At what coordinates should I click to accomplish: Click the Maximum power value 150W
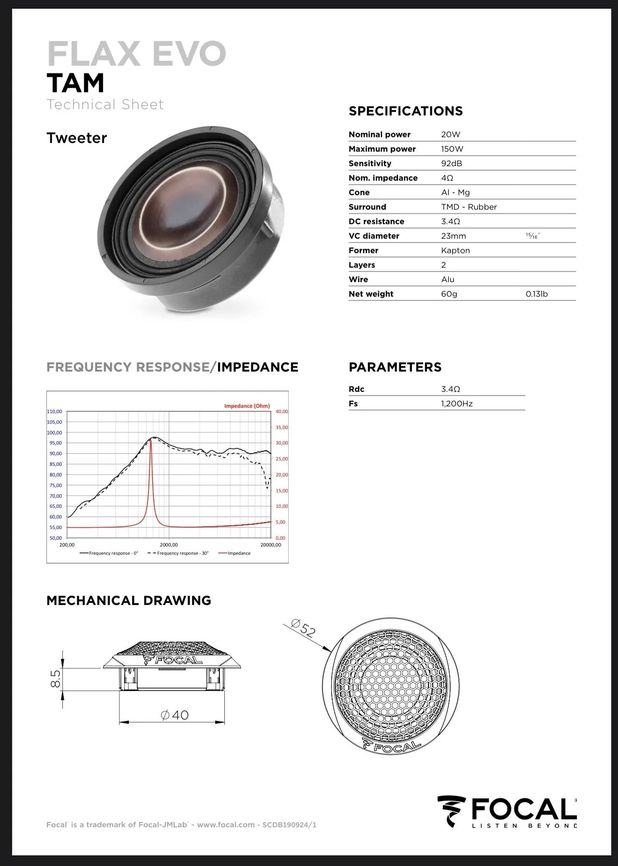pyautogui.click(x=452, y=149)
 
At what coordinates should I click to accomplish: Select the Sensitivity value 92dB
pyautogui.click(x=452, y=163)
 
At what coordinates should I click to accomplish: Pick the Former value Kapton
pyautogui.click(x=456, y=250)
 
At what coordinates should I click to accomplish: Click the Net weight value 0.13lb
pyautogui.click(x=537, y=294)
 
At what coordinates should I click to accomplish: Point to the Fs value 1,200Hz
pyautogui.click(x=457, y=404)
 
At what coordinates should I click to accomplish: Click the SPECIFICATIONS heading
pyautogui.click(x=406, y=111)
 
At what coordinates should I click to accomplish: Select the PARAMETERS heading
pyautogui.click(x=395, y=367)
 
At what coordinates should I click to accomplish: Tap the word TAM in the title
pyautogui.click(x=75, y=83)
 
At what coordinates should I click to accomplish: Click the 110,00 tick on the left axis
pyautogui.click(x=55, y=412)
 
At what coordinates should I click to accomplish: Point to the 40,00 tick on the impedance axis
pyautogui.click(x=281, y=412)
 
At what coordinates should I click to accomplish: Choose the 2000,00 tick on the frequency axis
pyautogui.click(x=169, y=545)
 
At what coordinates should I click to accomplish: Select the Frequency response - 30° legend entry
pyautogui.click(x=177, y=553)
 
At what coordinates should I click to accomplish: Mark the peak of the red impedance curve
pyautogui.click(x=151, y=440)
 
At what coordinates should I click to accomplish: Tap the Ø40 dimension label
pyautogui.click(x=175, y=715)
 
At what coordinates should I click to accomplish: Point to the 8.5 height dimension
pyautogui.click(x=56, y=679)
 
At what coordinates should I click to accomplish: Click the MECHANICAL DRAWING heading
pyautogui.click(x=129, y=601)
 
